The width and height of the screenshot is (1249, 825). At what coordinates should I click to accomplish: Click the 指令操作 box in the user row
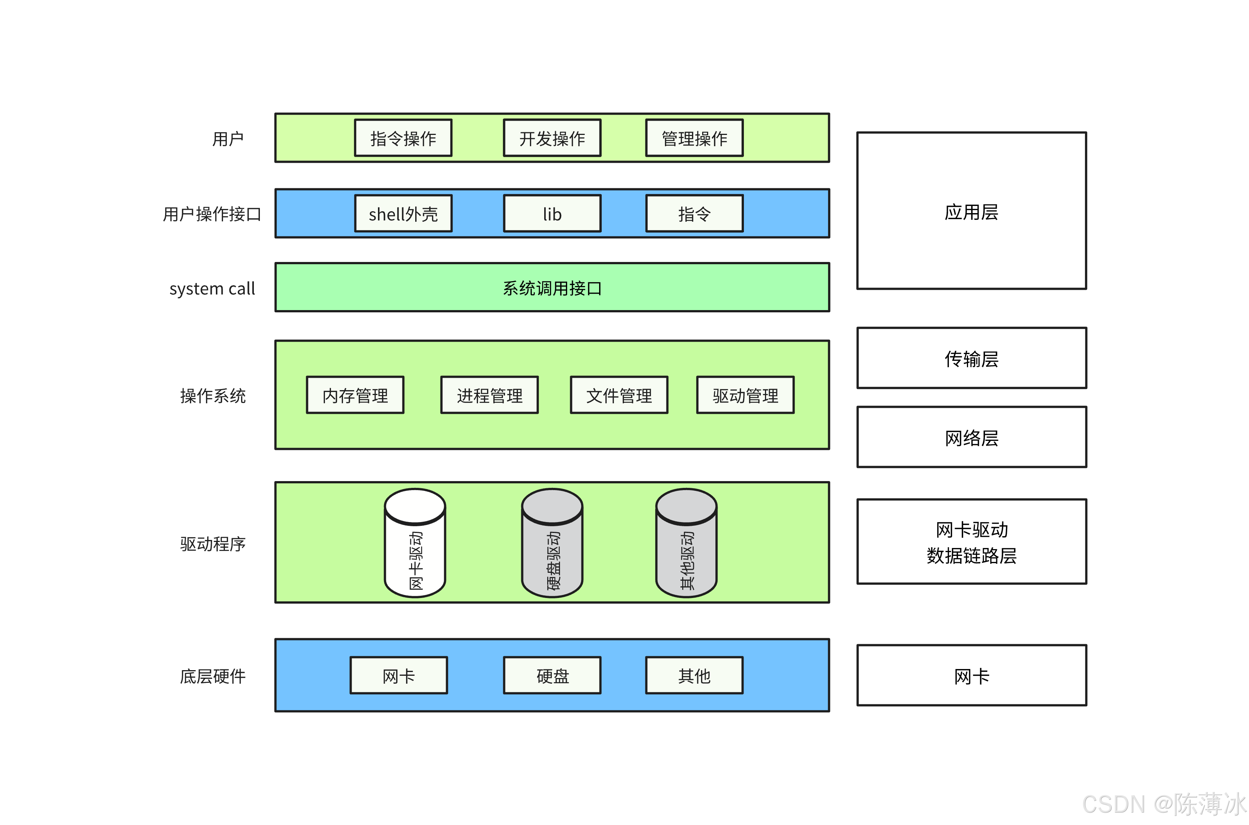[x=403, y=138]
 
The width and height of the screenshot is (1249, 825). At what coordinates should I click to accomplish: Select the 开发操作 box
[x=552, y=138]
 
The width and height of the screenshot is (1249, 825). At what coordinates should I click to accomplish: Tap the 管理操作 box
[x=694, y=138]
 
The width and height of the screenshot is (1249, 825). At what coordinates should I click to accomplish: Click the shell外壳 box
[x=403, y=213]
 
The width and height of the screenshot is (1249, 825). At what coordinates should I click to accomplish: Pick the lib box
[x=552, y=213]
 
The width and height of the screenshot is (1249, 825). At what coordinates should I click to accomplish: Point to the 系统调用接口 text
[x=552, y=288]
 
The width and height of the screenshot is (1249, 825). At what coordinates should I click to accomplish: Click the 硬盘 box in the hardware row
[x=552, y=675]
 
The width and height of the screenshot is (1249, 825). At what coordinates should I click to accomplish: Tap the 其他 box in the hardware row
[x=694, y=675]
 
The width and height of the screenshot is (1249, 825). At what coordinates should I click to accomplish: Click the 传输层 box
[x=971, y=358]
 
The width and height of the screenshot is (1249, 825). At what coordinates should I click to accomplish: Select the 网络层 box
[x=971, y=437]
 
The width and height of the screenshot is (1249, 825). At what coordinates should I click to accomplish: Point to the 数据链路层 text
[x=971, y=555]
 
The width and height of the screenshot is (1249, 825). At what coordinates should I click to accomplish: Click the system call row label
[x=212, y=288]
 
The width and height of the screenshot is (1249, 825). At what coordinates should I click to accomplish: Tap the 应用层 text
[x=971, y=212]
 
